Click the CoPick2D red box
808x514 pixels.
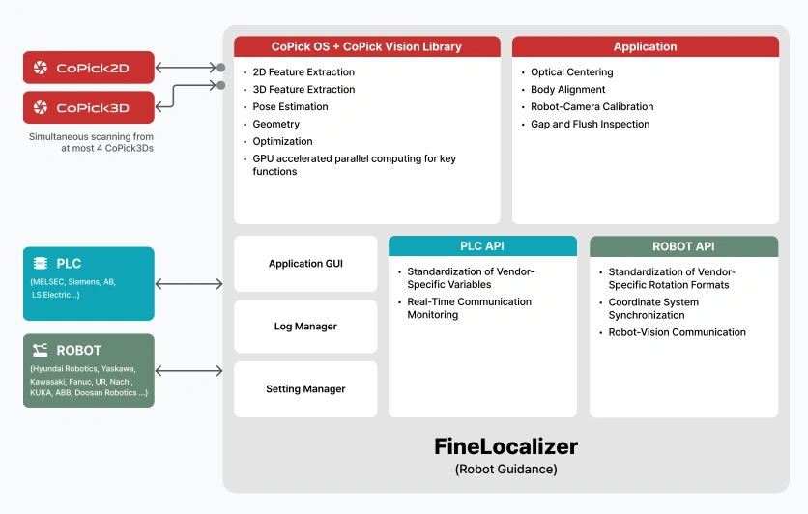pos(89,68)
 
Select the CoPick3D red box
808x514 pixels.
pos(89,107)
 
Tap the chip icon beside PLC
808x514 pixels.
pos(41,263)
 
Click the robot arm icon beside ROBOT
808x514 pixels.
pos(41,350)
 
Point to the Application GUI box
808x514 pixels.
pos(305,264)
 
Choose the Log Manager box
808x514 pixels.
pos(305,327)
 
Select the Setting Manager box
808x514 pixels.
pos(305,388)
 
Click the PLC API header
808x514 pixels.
pos(482,246)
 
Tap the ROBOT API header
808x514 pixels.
pos(684,246)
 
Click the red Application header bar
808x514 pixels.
pos(646,46)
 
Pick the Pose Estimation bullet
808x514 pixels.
pos(290,106)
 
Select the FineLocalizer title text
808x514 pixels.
pos(506,446)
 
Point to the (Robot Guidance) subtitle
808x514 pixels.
pos(506,470)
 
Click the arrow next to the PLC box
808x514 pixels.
pos(189,284)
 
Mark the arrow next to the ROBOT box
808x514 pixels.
pos(189,371)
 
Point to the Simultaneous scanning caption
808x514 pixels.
pos(91,142)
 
